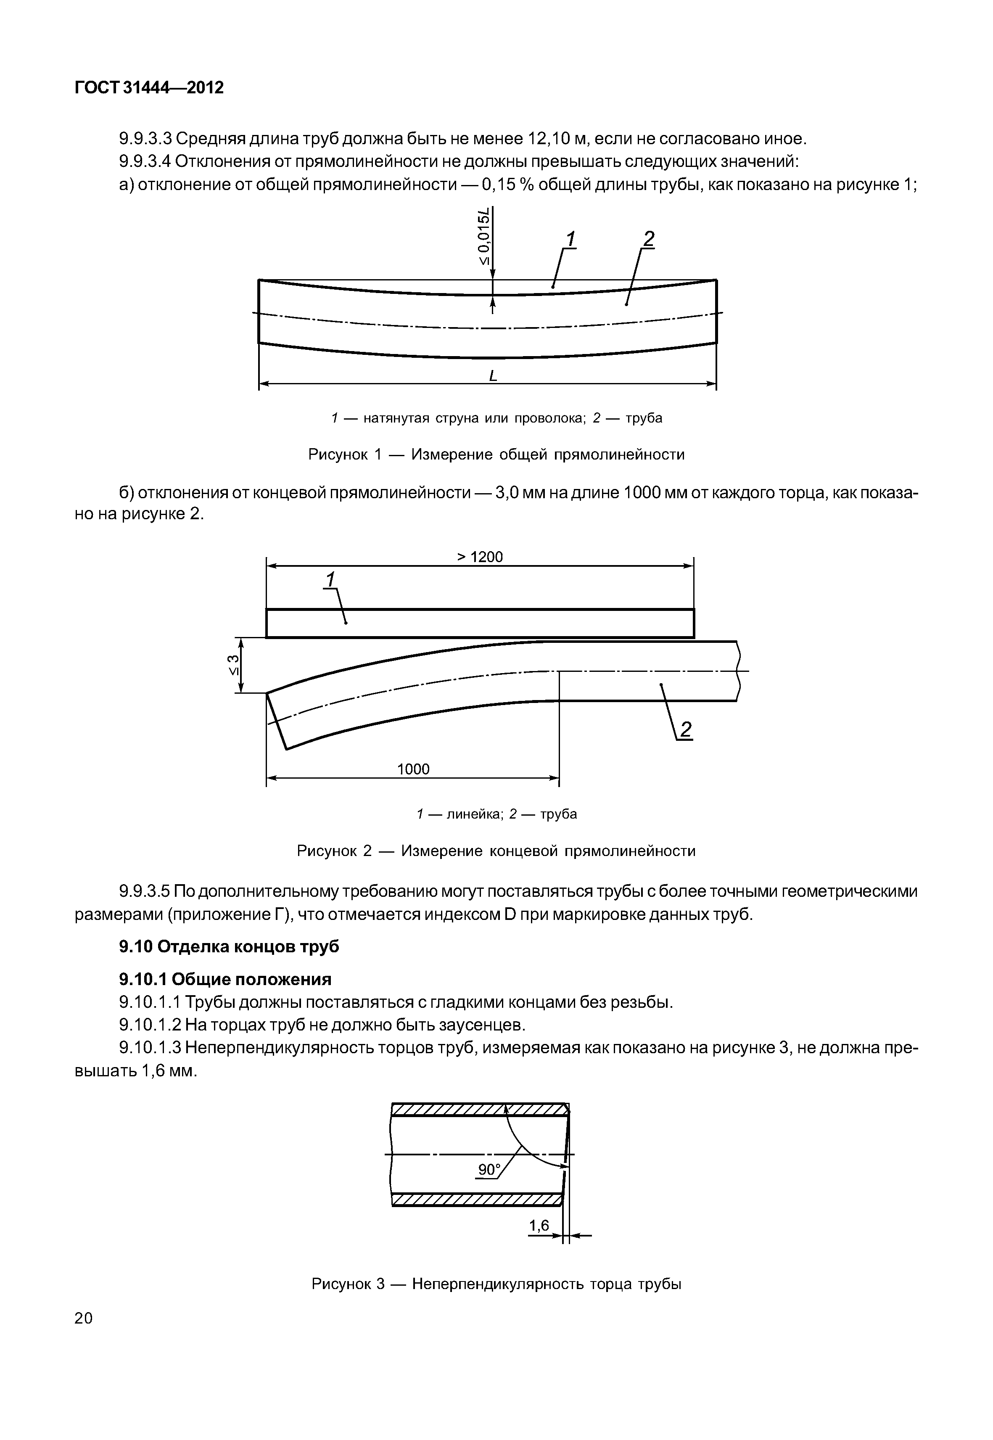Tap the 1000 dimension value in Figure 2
point(413,769)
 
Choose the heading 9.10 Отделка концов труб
point(229,946)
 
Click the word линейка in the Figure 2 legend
point(475,814)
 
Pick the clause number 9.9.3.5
point(144,892)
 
